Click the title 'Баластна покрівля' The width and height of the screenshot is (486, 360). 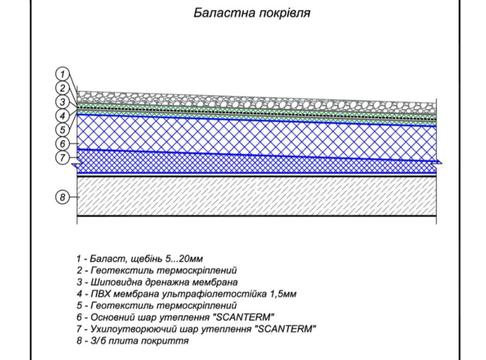pyautogui.click(x=251, y=12)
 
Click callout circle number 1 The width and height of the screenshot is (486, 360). pyautogui.click(x=62, y=75)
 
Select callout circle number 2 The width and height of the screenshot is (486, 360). pyautogui.click(x=62, y=88)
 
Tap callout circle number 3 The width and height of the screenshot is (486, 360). pyautogui.click(x=62, y=102)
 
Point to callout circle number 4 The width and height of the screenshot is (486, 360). pyautogui.click(x=62, y=116)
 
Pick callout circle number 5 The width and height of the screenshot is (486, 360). pyautogui.click(x=62, y=130)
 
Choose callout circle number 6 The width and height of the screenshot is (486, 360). pyautogui.click(x=62, y=144)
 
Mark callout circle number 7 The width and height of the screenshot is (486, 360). pyautogui.click(x=62, y=158)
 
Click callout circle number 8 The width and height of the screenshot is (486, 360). pyautogui.click(x=62, y=198)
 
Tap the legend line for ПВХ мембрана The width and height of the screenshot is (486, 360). pyautogui.click(x=186, y=294)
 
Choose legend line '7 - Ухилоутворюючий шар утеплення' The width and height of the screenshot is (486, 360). pyautogui.click(x=195, y=329)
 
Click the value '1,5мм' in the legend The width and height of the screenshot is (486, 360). pyautogui.click(x=282, y=294)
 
